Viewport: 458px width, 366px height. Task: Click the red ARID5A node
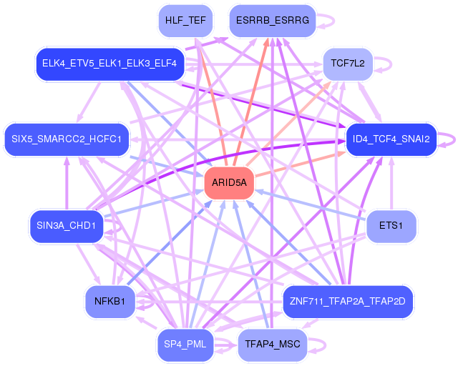pyautogui.click(x=229, y=183)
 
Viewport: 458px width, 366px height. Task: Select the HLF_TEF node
pyautogui.click(x=185, y=20)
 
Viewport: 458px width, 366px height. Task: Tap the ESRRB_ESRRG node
pyautogui.click(x=272, y=20)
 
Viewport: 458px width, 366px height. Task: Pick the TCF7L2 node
pyautogui.click(x=348, y=64)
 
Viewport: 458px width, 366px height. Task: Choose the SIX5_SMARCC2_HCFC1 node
pyautogui.click(x=67, y=138)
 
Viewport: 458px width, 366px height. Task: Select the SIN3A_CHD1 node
pyautogui.click(x=67, y=227)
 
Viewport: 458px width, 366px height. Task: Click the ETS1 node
pyautogui.click(x=391, y=227)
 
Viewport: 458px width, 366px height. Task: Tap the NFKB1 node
pyautogui.click(x=109, y=301)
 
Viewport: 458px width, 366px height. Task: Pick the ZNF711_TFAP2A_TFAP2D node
pyautogui.click(x=349, y=301)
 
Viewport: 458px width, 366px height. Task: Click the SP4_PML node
pyautogui.click(x=185, y=345)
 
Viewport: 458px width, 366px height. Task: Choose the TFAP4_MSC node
pyautogui.click(x=272, y=345)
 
